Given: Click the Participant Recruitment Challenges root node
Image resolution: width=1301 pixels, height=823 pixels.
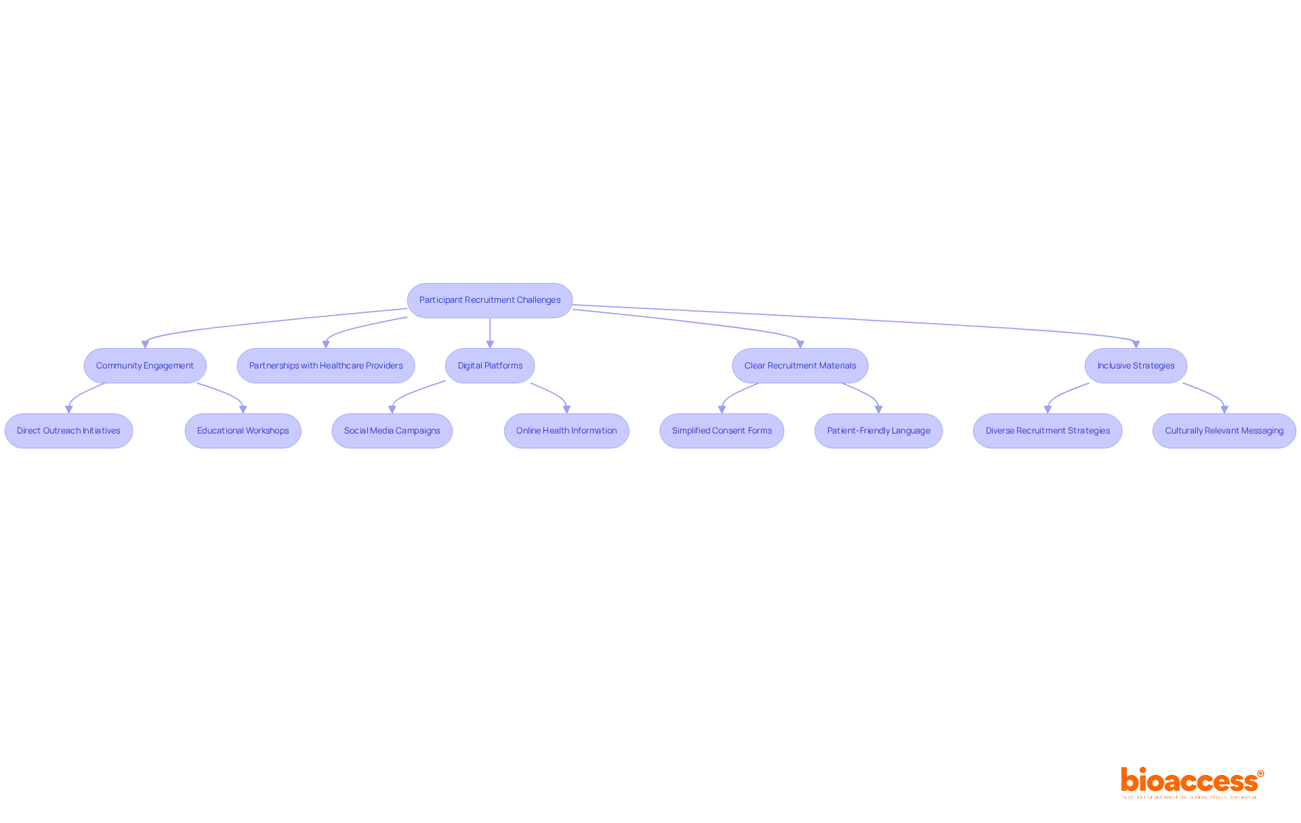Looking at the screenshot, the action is [x=489, y=300].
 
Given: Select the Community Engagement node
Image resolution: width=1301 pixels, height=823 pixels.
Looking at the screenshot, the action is [x=144, y=366].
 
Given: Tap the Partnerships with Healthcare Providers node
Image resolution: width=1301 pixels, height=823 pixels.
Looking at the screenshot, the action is [x=325, y=366].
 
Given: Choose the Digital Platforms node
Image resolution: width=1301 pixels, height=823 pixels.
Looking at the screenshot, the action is [x=490, y=366].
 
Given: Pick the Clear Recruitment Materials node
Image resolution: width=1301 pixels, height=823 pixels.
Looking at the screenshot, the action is [x=800, y=366].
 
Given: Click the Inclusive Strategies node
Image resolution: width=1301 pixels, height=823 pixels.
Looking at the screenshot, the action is [x=1136, y=366].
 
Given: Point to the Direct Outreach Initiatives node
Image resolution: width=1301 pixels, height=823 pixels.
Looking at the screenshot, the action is [x=68, y=431].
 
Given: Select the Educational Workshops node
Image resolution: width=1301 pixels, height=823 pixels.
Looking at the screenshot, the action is [x=243, y=431].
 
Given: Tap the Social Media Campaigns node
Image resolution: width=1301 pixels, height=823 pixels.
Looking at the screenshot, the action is [x=392, y=431].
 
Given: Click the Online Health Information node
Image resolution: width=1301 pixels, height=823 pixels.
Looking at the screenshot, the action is [x=566, y=431].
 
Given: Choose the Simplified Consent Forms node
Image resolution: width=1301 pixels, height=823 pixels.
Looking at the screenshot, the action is [x=722, y=431].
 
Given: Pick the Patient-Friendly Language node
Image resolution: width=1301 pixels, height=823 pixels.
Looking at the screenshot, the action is [x=878, y=431].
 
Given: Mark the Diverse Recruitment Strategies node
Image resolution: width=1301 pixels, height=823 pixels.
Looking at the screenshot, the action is [x=1048, y=431].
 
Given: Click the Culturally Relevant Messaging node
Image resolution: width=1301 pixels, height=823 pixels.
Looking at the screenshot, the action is [x=1224, y=431].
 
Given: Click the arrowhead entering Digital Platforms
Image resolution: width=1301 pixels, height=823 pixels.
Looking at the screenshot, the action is [x=490, y=344].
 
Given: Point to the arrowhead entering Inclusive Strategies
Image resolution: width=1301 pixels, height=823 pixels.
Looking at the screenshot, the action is [x=1136, y=344].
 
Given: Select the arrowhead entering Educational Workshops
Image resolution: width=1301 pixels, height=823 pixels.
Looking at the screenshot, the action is [x=243, y=409].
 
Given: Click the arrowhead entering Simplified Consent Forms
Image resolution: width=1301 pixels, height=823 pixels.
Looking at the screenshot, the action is [x=722, y=409].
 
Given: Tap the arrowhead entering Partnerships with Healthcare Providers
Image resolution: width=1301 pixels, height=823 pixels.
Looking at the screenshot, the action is [x=326, y=344].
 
